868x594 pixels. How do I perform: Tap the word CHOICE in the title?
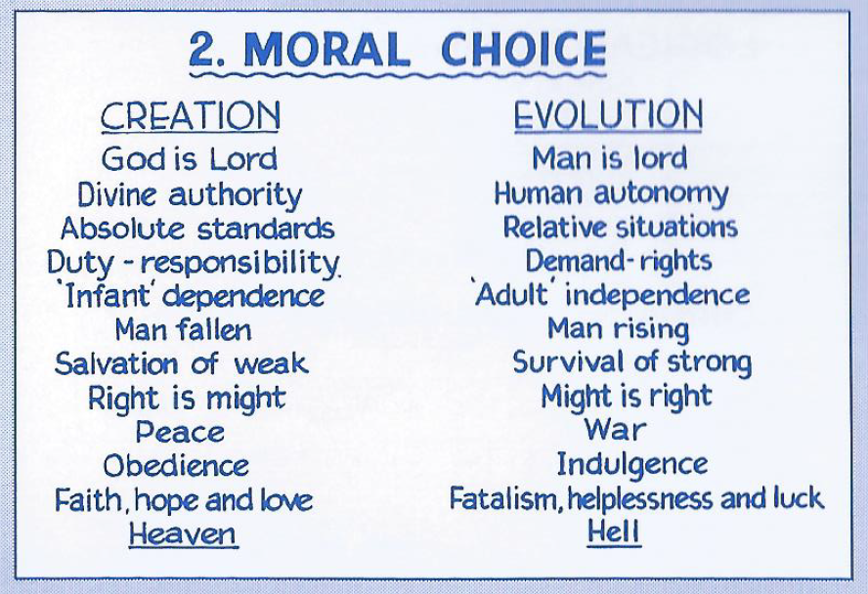[524, 49]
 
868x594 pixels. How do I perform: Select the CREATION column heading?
[191, 116]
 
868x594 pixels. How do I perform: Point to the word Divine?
[116, 194]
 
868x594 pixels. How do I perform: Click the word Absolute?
[122, 229]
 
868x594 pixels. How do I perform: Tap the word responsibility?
[239, 263]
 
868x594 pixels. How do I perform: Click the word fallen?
[214, 330]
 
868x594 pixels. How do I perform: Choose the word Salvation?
[116, 363]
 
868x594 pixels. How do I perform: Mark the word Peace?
[180, 432]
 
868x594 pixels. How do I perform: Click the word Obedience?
[176, 466]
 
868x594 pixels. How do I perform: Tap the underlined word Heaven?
[183, 534]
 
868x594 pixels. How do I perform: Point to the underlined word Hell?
[613, 531]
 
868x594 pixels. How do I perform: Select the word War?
[615, 429]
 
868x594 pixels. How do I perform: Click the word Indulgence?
[631, 465]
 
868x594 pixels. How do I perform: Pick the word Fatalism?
[502, 497]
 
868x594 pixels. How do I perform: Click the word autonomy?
[661, 194]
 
